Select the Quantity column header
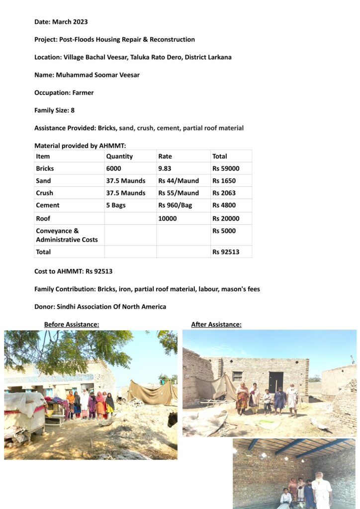pyautogui.click(x=119, y=156)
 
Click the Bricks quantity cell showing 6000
pyautogui.click(x=113, y=169)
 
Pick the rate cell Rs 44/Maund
pyautogui.click(x=179, y=181)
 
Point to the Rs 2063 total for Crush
pyautogui.click(x=224, y=193)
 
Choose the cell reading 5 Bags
pyautogui.click(x=117, y=205)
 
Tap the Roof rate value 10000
pyautogui.click(x=168, y=218)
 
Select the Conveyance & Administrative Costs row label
pyautogui.click(x=67, y=235)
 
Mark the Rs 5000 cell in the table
pyautogui.click(x=224, y=231)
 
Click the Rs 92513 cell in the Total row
pyautogui.click(x=226, y=252)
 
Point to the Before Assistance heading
pyautogui.click(x=72, y=325)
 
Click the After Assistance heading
pyautogui.click(x=216, y=325)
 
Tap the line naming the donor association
pyautogui.click(x=100, y=307)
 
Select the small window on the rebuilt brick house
pyautogui.click(x=237, y=376)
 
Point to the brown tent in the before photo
pyautogui.click(x=152, y=393)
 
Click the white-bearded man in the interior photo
pyautogui.click(x=322, y=491)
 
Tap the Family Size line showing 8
pyautogui.click(x=54, y=110)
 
